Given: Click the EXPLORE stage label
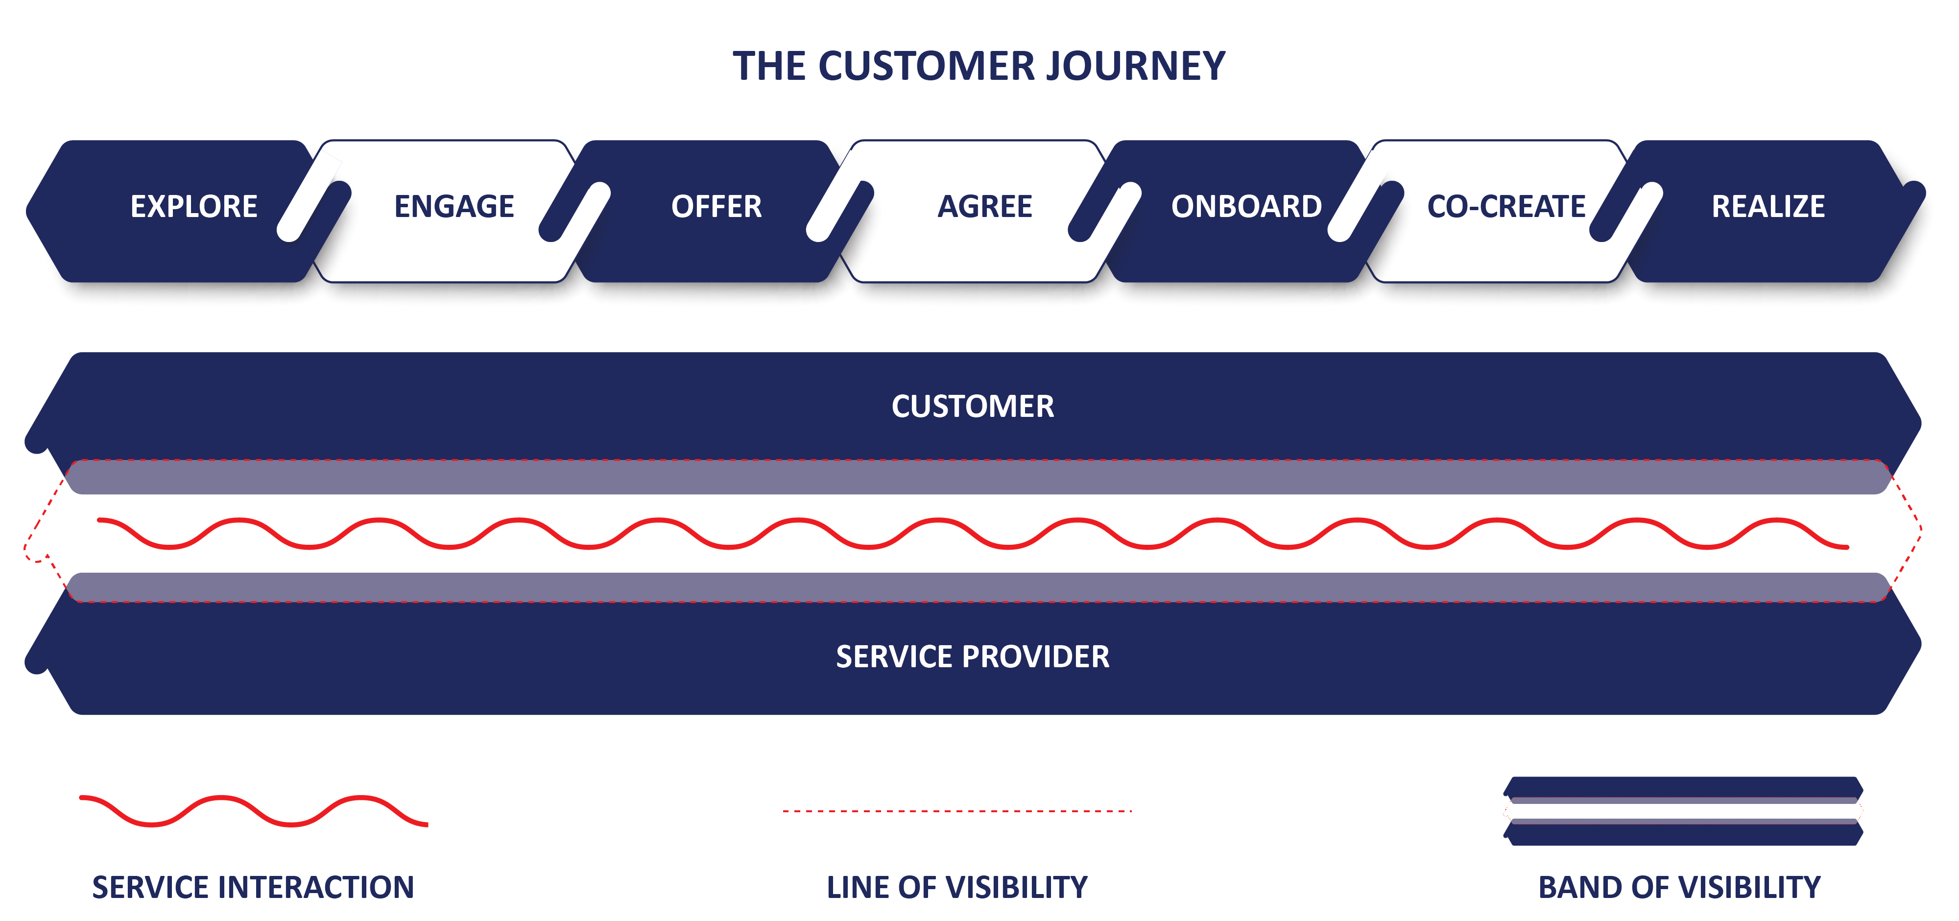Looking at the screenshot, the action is click(194, 206).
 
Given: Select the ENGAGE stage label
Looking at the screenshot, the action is click(454, 206).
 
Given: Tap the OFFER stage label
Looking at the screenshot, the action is click(717, 206).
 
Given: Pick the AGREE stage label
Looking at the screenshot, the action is click(985, 206).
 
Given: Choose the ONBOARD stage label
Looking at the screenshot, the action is click(1246, 206).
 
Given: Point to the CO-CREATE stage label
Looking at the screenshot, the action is click(1506, 206).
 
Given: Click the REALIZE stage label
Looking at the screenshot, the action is click(1768, 206).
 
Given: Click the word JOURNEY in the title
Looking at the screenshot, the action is click(1135, 66).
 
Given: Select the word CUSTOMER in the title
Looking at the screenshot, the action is click(927, 66).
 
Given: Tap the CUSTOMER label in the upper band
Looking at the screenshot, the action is click(973, 406).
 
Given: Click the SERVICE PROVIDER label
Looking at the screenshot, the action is click(973, 656).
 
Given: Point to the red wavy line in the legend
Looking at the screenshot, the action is click(254, 811).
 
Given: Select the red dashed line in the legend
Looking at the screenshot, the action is click(957, 811).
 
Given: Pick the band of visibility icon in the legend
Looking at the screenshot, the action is click(1683, 811).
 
